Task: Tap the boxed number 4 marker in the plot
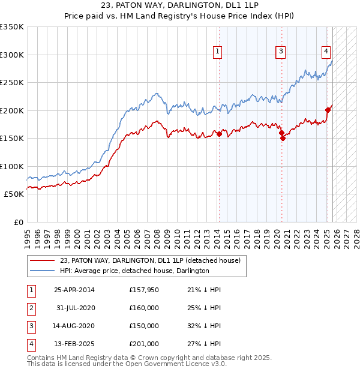[326, 52]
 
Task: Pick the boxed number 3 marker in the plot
[281, 52]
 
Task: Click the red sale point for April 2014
[220, 134]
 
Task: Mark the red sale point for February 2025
[328, 110]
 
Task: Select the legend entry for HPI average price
[134, 271]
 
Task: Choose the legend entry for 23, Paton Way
[150, 260]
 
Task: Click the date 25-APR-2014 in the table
[74, 290]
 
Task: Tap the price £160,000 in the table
[143, 308]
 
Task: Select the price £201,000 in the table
[143, 344]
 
